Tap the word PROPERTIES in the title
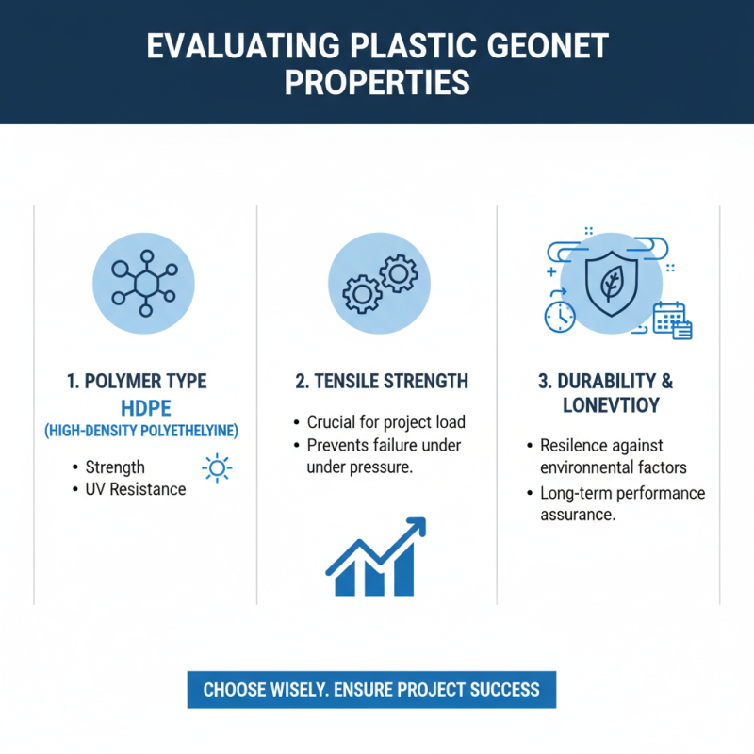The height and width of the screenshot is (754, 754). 377,83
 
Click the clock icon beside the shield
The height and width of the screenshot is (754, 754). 560,316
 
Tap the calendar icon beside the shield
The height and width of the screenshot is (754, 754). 673,320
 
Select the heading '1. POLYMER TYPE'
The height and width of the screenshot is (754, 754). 137,382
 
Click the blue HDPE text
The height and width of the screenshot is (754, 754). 142,407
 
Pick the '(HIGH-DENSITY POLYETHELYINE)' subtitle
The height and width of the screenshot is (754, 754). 141,431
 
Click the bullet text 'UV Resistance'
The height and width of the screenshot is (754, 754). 136,489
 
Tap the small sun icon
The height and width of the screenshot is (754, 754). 217,467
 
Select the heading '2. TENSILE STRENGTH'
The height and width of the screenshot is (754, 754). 381,382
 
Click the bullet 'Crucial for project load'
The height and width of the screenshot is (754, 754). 386,422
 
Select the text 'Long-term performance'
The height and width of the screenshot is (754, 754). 622,493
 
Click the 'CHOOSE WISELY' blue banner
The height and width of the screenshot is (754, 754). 371,689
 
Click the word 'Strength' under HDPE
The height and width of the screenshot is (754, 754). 115,467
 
